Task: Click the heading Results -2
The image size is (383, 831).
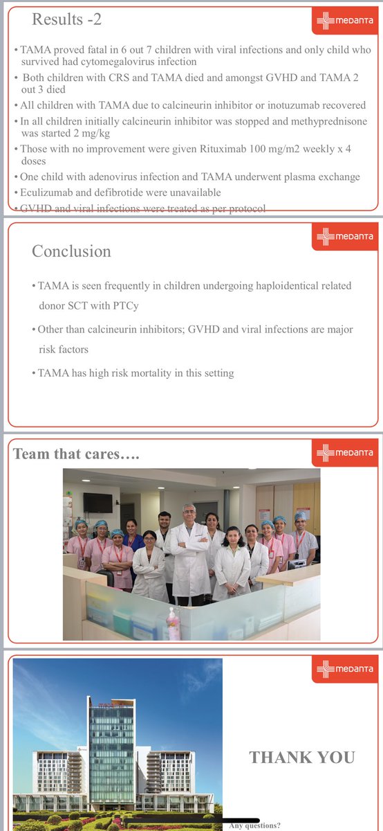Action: [66, 19]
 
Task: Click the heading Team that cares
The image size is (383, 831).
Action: [77, 454]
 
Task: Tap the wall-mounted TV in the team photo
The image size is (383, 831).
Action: [97, 503]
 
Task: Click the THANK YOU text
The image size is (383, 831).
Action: [302, 758]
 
